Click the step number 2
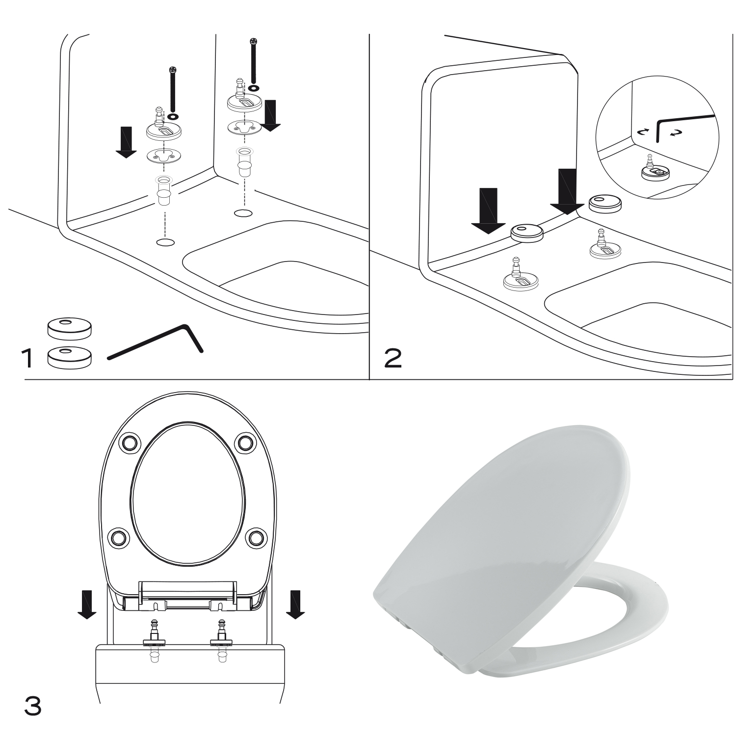tap(393, 359)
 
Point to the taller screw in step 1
tap(253, 61)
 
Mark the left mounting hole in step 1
tap(165, 242)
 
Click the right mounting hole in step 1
tap(243, 213)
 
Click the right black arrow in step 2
tap(567, 192)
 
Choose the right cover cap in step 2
tap(605, 204)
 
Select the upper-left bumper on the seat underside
tap(129, 442)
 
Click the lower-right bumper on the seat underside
tap(256, 538)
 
